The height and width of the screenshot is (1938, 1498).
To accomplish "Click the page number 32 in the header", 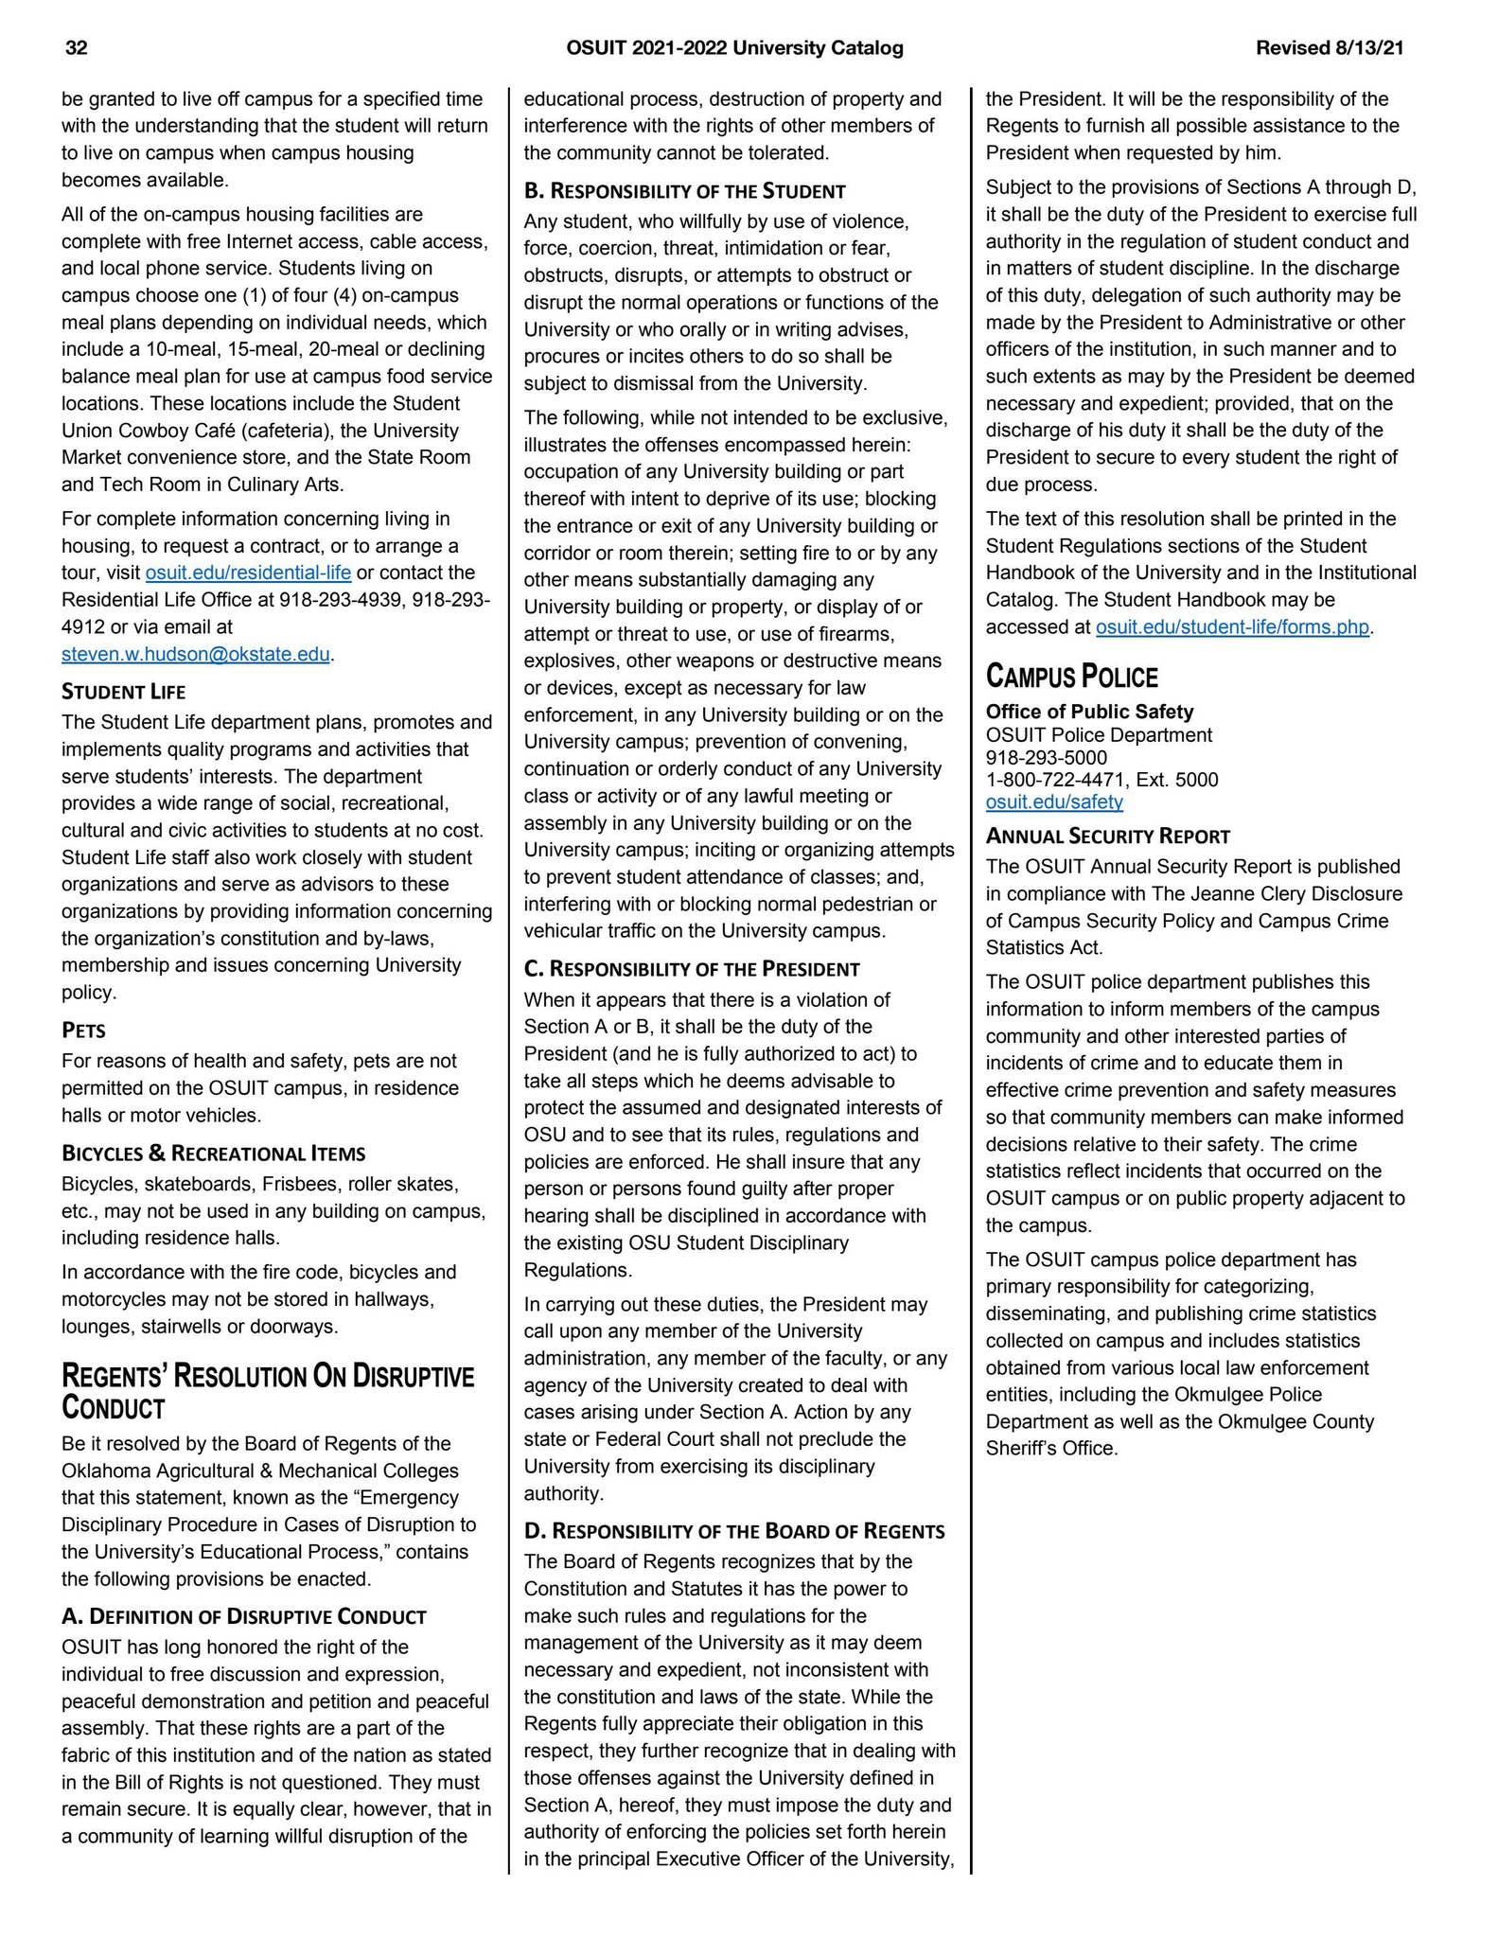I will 77,48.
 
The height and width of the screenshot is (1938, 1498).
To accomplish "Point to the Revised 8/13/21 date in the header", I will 1330,48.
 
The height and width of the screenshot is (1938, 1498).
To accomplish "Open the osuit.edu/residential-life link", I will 248,573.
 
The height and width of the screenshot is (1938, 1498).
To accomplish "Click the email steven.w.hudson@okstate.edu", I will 196,654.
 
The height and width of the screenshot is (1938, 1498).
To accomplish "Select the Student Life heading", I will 123,692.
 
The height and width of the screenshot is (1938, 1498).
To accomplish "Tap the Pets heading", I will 83,1030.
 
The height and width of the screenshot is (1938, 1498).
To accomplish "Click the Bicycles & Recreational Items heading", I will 213,1154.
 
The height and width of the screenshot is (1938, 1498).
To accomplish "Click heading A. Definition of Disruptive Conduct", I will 244,1616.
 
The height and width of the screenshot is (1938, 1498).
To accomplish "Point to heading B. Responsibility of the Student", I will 684,191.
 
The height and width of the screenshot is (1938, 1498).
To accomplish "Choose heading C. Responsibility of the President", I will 692,969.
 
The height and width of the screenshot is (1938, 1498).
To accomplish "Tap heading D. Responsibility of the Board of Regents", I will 734,1531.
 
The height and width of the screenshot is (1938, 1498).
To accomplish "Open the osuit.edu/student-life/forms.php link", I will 1232,627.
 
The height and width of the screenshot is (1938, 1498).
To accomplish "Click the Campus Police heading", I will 1071,677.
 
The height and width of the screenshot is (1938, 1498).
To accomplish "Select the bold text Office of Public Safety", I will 1089,712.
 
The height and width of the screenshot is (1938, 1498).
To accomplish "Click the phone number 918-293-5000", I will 1046,758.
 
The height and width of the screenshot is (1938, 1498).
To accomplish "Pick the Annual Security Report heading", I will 1107,837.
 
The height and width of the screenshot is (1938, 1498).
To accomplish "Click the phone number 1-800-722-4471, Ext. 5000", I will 1101,780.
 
